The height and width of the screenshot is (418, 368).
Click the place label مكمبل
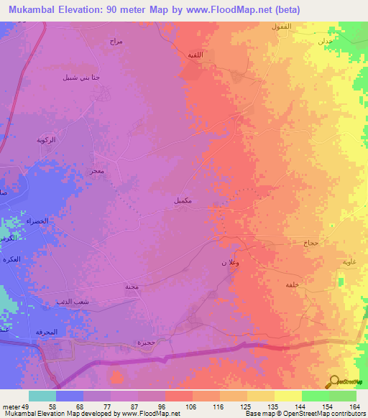pyautogui.click(x=183, y=201)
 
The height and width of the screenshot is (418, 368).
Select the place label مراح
pyautogui.click(x=117, y=41)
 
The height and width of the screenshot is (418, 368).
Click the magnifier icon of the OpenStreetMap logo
pyautogui.click(x=333, y=381)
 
